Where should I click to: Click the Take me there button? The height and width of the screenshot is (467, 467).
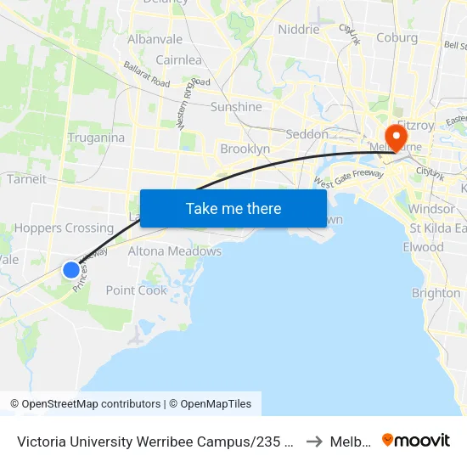pos(233,208)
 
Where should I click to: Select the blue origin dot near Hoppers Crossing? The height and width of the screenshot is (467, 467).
pos(71,270)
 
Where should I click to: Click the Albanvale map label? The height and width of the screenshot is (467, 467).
pos(155,39)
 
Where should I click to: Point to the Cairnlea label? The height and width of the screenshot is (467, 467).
pos(178,59)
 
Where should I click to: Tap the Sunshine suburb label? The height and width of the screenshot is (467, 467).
pos(236,107)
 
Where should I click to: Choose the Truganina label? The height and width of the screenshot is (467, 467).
pos(96,138)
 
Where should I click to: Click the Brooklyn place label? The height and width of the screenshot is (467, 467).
pos(245,149)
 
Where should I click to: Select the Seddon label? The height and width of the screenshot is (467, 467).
pos(307,134)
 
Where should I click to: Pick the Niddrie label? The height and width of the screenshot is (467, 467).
pos(299,29)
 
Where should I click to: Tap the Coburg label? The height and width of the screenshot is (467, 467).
pos(397,37)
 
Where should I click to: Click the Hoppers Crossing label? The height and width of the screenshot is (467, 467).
pos(64,228)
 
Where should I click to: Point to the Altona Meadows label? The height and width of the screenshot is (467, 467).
pos(175,251)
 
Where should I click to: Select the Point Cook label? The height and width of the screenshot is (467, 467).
pos(137,290)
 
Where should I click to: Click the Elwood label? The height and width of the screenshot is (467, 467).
pos(424,247)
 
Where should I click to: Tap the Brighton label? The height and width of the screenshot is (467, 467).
pos(436,293)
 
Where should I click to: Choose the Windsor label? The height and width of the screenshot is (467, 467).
pos(431,209)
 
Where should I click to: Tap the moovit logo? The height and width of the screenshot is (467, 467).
pos(416,440)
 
